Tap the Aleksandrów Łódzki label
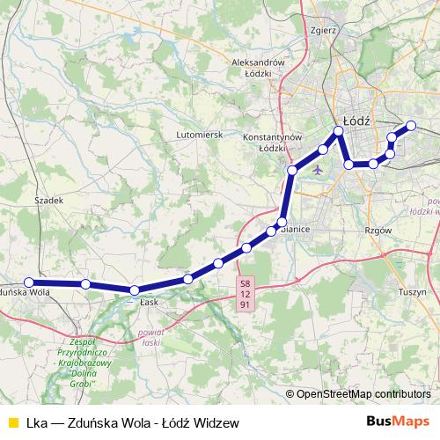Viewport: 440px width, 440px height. tap(257, 69)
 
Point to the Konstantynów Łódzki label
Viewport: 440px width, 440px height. tap(273, 143)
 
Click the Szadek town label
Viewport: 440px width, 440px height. tap(50, 201)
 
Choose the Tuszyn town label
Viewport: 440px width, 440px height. tap(412, 291)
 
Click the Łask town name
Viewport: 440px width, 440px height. tap(148, 301)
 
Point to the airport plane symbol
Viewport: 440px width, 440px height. tap(318, 170)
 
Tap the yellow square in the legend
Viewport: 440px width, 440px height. tap(12, 422)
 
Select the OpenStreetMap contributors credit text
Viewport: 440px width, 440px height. tap(357, 393)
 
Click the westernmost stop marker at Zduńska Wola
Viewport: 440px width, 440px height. tap(29, 282)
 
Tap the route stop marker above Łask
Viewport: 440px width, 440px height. tap(135, 290)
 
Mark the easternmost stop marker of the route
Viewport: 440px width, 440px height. tap(410, 125)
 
